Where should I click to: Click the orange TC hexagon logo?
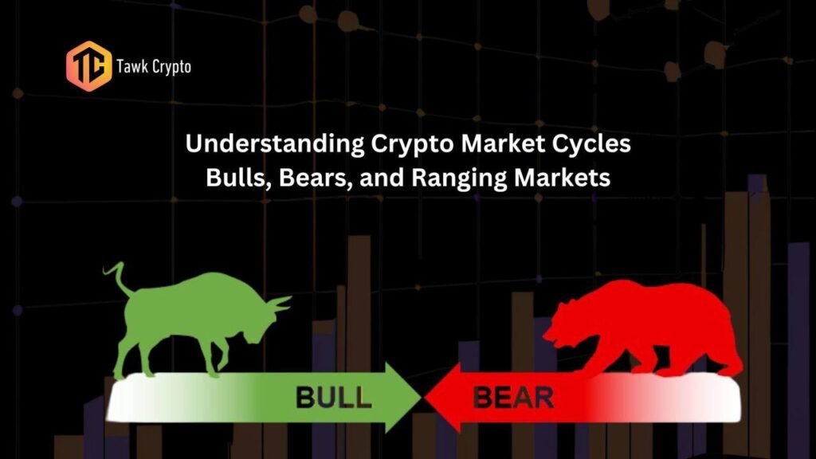[89, 66]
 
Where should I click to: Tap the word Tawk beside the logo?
[129, 66]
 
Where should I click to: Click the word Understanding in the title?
[275, 144]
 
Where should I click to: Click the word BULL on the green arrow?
[334, 398]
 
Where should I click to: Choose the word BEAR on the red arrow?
[513, 398]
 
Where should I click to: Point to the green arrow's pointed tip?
[421, 398]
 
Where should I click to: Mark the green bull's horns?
[278, 304]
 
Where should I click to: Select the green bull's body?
[193, 307]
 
